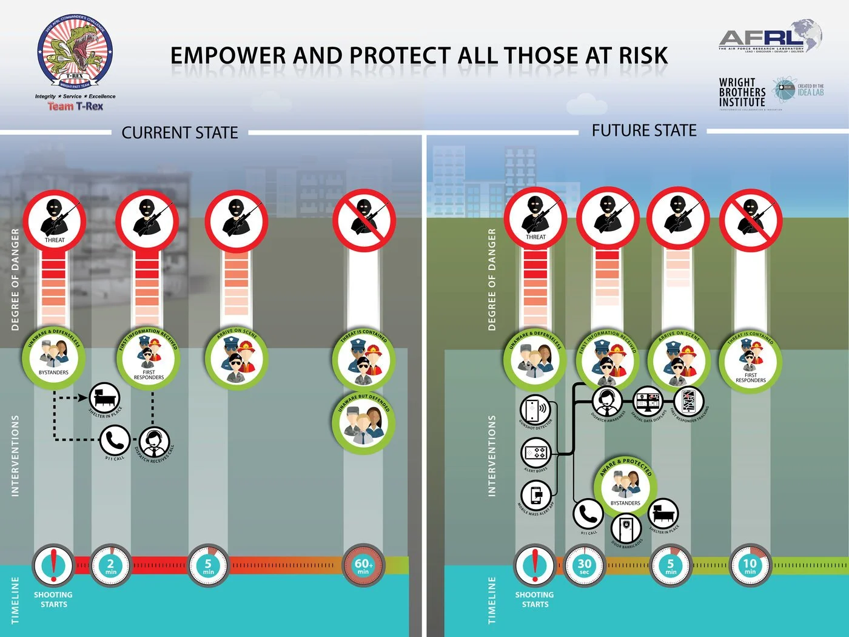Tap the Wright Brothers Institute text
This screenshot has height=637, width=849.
coord(742,93)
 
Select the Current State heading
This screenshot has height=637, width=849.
coord(180,133)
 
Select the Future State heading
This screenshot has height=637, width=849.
coord(644,130)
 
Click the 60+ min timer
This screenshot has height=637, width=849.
coord(363,565)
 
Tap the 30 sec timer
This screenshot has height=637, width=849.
coord(585,565)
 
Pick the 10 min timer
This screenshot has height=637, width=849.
coord(750,565)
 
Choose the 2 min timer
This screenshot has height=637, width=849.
coord(111,565)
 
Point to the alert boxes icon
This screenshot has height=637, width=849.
coord(536,453)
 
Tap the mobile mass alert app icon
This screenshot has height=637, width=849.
coord(536,495)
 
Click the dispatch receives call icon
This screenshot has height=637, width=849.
coord(154,442)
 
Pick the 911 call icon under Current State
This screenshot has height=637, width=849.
coord(115,439)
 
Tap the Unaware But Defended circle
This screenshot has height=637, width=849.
coord(363,422)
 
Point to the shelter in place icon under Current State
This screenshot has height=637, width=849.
coord(104,398)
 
